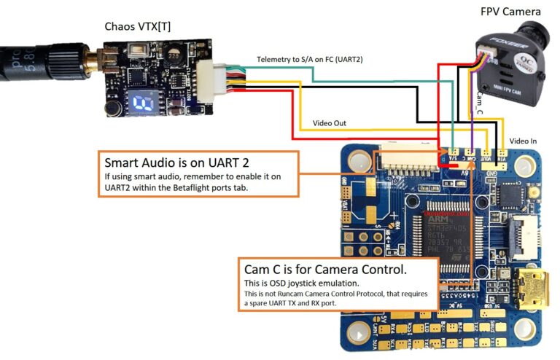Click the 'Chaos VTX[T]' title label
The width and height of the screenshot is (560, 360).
click(149, 27)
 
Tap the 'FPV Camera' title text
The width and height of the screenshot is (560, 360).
click(510, 11)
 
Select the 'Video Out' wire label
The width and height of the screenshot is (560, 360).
click(330, 123)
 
